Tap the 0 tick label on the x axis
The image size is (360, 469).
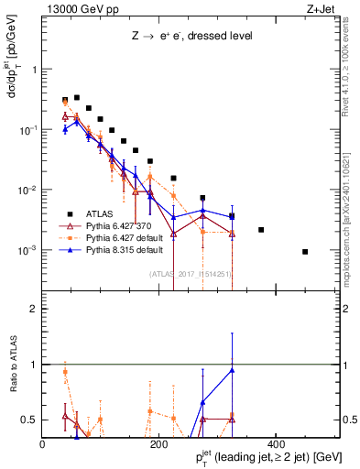click(x=43, y=444)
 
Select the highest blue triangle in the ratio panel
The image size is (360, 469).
click(x=232, y=370)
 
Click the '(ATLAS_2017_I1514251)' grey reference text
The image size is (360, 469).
click(x=190, y=273)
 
